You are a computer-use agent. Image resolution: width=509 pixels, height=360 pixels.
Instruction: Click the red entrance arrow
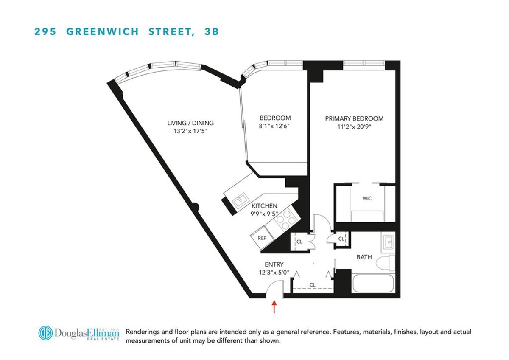[x=274, y=307]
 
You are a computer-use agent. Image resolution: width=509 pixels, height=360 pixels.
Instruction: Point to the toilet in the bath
[x=385, y=262]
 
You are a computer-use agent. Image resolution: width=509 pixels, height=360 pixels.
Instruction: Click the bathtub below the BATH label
[x=373, y=284]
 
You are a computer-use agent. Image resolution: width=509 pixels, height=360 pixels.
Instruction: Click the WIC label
[x=367, y=199]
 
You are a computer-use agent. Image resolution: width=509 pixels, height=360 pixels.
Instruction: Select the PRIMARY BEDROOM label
[x=354, y=118]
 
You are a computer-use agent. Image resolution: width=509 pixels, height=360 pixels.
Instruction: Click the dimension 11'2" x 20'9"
[x=354, y=127]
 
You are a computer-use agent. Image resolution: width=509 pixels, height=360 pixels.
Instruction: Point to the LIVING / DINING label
[x=190, y=123]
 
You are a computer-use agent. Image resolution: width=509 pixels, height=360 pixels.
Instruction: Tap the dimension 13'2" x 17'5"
[x=190, y=131]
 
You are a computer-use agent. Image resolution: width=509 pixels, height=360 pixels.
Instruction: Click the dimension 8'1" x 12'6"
[x=275, y=126]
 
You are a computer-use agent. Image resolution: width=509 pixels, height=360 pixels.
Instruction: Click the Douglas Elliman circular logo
[x=45, y=333]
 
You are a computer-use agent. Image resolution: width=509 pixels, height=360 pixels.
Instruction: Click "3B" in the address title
[x=211, y=31]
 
